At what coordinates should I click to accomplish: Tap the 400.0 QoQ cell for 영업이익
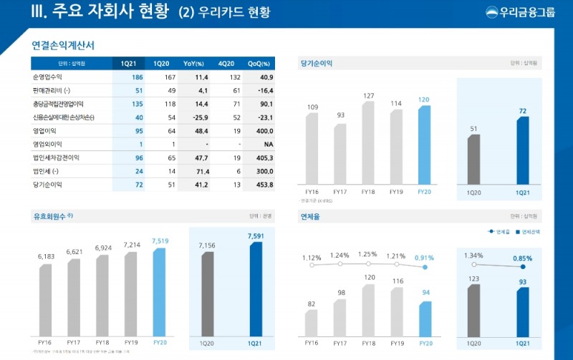tap(264, 131)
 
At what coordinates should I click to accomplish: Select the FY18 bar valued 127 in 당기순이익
tap(369, 143)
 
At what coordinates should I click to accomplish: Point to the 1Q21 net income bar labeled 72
tap(522, 150)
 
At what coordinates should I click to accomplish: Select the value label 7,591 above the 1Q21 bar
tap(256, 235)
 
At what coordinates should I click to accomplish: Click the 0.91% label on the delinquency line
tap(424, 258)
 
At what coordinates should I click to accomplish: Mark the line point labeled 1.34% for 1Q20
tap(473, 265)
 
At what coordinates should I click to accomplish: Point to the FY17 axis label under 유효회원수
tap(74, 343)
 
